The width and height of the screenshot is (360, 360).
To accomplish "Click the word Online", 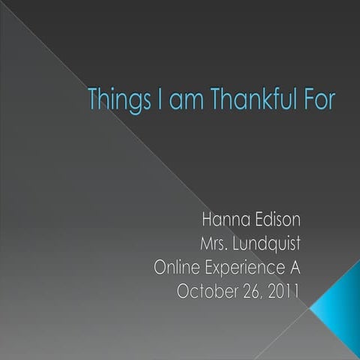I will point(178,268).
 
